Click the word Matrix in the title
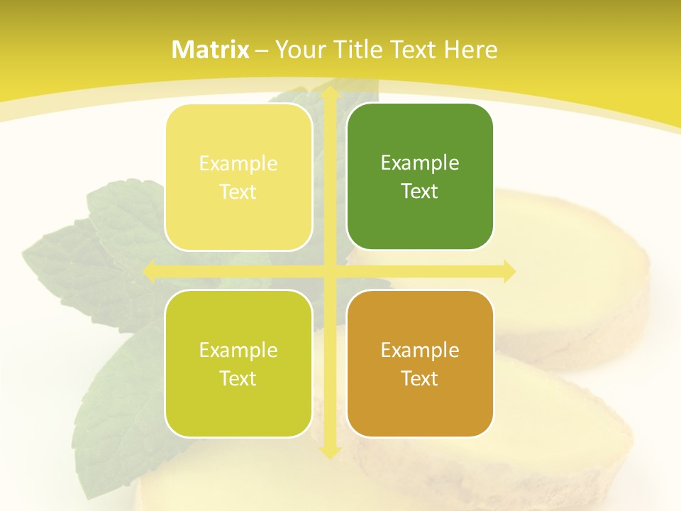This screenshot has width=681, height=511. (211, 50)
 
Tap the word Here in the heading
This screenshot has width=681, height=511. (470, 50)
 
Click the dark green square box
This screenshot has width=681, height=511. (420, 177)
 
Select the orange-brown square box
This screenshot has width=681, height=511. (420, 363)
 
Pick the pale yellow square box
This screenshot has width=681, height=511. (238, 177)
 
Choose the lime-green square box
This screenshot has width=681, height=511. (238, 363)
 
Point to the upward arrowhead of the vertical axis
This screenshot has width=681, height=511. (329, 92)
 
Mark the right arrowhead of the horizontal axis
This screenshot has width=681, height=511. (509, 271)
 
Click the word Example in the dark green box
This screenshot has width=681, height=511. (420, 163)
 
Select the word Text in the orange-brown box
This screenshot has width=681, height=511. (420, 378)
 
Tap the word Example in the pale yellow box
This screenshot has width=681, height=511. (238, 163)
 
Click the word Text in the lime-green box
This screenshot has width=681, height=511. (238, 378)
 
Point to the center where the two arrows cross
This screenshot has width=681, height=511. (329, 271)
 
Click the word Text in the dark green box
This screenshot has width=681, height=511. (420, 191)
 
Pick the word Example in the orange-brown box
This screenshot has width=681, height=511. (420, 350)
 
